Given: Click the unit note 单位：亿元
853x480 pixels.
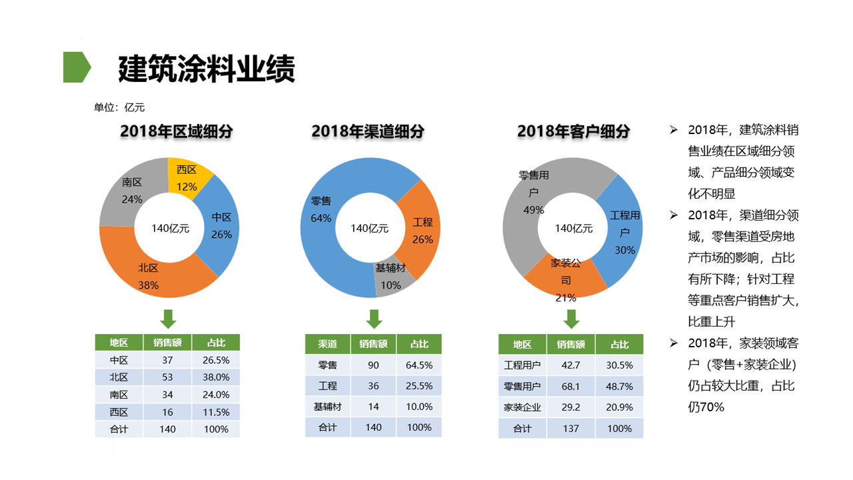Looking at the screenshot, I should tap(119, 107).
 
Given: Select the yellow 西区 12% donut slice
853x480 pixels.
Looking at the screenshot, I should tap(189, 175).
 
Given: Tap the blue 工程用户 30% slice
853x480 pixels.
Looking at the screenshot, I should tap(624, 230).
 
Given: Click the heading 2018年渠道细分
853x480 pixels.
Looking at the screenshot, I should tap(368, 132).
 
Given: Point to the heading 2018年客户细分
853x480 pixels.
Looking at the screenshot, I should tap(573, 132).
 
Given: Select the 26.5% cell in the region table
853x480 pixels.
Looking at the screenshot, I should tap(216, 360).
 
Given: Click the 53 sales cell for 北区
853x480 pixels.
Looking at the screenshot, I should tap(167, 377).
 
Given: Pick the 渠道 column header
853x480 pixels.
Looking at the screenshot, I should tap(327, 344).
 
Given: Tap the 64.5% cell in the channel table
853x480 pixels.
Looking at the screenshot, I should tap(419, 365).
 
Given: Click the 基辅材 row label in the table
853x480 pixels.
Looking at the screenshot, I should tap(327, 407).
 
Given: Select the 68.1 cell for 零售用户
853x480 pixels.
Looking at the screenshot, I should tap(570, 386).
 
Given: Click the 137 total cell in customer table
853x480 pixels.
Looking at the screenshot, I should tap(570, 429).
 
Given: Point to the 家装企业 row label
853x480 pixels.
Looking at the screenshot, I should tap(522, 407).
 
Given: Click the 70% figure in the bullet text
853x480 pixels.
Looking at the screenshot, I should tap(711, 407).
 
